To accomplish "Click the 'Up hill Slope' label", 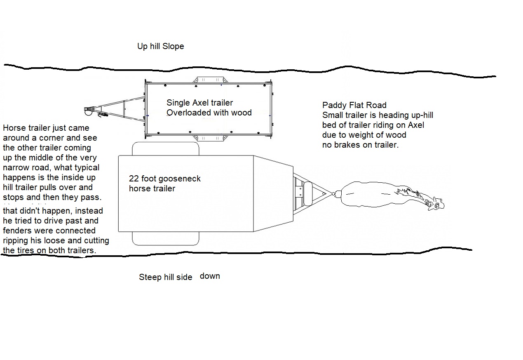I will coord(160,46).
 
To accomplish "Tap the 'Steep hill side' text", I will coord(165,277).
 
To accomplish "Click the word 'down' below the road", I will coord(210,276).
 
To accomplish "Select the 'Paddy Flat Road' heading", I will coord(354,105).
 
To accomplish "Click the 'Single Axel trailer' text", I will coord(199,103).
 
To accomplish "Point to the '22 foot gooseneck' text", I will coord(165,179).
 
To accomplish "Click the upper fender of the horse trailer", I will coord(165,149).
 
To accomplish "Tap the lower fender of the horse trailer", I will coord(165,238).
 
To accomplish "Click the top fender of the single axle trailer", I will coord(209,79).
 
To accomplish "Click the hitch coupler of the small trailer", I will coord(88,111).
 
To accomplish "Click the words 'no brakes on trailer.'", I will coord(360,145).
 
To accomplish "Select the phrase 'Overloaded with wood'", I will coord(209,113).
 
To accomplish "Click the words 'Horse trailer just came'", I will coord(46,128).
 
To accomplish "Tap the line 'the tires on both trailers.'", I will coord(49,250).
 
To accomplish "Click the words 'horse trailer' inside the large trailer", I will coord(152,188).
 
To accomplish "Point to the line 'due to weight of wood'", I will coord(364,135).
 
